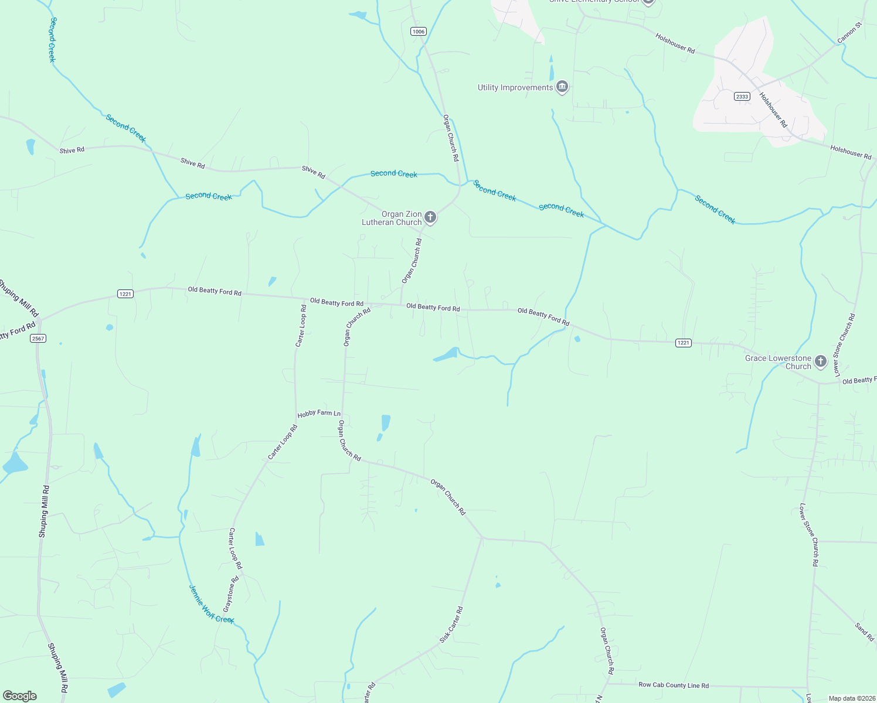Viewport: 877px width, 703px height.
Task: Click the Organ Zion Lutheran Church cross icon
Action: click(x=430, y=218)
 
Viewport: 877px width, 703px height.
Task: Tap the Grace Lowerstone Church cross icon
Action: click(x=821, y=361)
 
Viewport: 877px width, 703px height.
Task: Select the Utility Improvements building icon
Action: click(x=562, y=87)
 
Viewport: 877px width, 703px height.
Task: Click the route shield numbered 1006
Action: click(x=418, y=32)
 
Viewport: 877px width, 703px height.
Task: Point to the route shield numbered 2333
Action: click(x=742, y=97)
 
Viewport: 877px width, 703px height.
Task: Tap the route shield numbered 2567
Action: click(x=38, y=339)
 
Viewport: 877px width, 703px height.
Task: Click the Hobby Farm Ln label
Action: click(x=319, y=414)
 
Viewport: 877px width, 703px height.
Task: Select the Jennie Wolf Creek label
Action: click(x=211, y=604)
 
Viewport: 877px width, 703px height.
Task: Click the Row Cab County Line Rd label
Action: click(x=674, y=685)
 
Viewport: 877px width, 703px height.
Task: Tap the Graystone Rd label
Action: click(x=231, y=595)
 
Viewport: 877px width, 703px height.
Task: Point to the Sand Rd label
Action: click(x=864, y=632)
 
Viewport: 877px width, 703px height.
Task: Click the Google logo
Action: click(x=19, y=696)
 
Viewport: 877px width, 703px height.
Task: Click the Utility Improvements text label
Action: click(x=515, y=88)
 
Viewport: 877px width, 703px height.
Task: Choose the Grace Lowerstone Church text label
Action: click(x=779, y=362)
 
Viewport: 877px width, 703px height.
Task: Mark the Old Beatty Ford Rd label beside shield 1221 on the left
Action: click(x=214, y=291)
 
